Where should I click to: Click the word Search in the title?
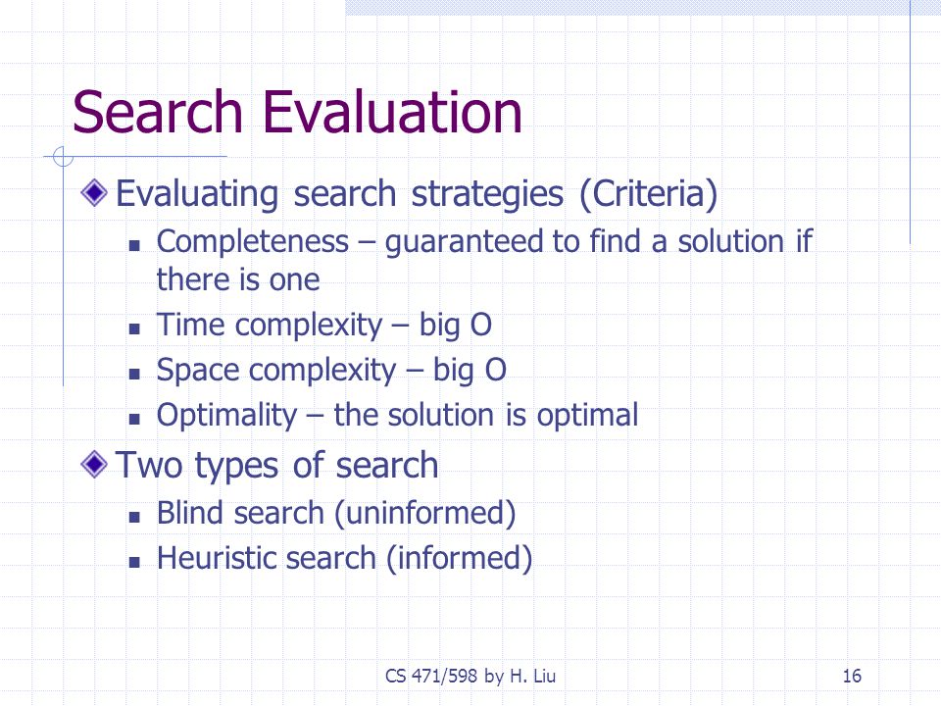click(157, 112)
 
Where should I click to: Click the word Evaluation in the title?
click(392, 112)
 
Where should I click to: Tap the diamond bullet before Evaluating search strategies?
click(94, 193)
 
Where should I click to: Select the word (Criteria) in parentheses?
click(649, 194)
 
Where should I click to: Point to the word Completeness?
click(253, 241)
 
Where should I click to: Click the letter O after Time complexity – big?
click(480, 326)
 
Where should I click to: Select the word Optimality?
click(226, 416)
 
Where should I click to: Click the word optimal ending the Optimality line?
click(587, 416)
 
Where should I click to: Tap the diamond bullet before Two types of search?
click(94, 465)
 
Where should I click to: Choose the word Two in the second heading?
click(149, 465)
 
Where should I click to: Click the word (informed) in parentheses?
click(459, 559)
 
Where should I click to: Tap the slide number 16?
click(852, 676)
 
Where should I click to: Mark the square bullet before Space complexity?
click(134, 374)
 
